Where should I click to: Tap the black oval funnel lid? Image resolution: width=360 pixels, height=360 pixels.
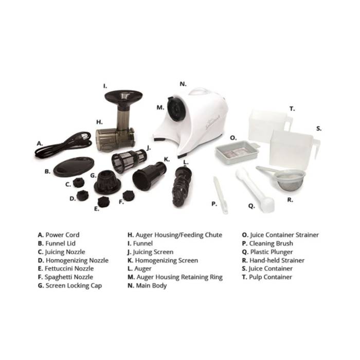click(74, 167)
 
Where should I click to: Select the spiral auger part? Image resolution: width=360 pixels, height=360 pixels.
click(182, 186)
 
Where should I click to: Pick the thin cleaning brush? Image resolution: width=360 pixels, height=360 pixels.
click(221, 195)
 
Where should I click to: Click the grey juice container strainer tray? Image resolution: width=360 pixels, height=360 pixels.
click(237, 152)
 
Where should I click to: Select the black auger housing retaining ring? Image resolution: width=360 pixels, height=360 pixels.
click(174, 109)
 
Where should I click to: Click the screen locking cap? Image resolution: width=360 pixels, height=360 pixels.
click(107, 182)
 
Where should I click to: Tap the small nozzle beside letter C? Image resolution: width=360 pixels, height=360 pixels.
click(79, 183)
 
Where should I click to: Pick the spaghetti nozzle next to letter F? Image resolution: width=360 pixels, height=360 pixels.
click(129, 195)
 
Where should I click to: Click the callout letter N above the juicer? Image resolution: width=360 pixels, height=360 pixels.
click(183, 84)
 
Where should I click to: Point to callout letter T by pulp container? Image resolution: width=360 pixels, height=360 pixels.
click(292, 109)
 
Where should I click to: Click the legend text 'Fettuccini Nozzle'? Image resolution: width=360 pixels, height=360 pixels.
click(69, 268)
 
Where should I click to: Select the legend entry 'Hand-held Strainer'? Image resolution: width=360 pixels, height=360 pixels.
click(277, 260)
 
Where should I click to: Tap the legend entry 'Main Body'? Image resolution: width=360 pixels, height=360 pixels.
click(151, 285)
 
